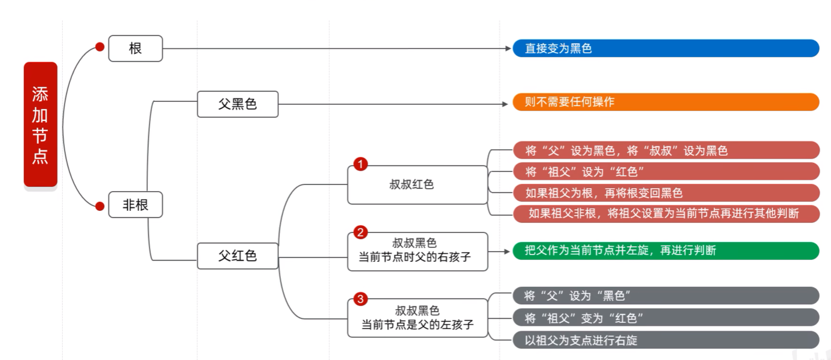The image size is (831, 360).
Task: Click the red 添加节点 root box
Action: coord(40,125)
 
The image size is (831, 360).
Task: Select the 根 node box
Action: coord(135,49)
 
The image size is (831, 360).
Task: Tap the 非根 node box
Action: coord(135,205)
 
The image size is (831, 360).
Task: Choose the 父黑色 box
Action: coord(238,104)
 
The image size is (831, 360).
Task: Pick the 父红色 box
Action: coord(238,256)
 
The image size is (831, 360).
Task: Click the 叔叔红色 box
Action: coord(417,184)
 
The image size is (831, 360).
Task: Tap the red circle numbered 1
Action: coord(360,164)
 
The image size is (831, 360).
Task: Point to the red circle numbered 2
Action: coord(360,232)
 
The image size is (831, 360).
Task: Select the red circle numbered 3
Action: coord(360,298)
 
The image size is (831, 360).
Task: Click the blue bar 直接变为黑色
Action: coord(666,49)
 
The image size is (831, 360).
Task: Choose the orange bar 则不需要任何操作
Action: coord(666,102)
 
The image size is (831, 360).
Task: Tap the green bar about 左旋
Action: coord(666,250)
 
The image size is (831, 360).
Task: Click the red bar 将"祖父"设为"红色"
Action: coord(666,172)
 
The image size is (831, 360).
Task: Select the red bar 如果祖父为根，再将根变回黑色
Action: coord(666,193)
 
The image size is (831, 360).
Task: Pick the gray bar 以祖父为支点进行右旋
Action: coord(666,340)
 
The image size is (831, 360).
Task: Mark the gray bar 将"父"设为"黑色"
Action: coord(666,296)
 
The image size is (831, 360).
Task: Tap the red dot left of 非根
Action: coord(100,206)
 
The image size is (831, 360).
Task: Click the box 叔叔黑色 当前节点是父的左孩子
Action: coord(417,317)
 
